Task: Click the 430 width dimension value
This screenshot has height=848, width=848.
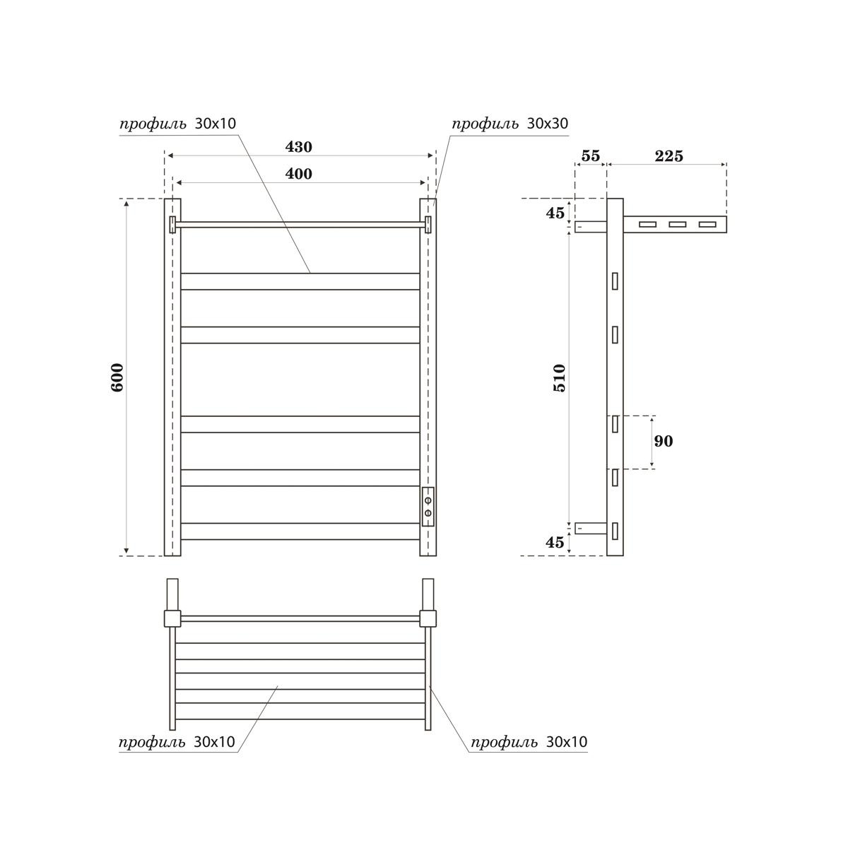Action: point(298,147)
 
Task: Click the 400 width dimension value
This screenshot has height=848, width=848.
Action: point(298,174)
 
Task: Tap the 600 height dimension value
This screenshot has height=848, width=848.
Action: point(117,377)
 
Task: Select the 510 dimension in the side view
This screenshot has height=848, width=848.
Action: point(559,377)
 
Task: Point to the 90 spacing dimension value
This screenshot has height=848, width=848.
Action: point(663,442)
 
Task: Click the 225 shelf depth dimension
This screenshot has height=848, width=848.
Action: point(669,156)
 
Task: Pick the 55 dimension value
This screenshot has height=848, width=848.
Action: point(590,156)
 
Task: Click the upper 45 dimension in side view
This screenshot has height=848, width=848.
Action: point(555,212)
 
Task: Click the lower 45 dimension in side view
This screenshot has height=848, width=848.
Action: point(555,542)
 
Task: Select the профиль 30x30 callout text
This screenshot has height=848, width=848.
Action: point(510,124)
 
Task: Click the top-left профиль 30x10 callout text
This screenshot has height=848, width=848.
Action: point(177,124)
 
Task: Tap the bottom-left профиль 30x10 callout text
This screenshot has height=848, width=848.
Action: point(177,742)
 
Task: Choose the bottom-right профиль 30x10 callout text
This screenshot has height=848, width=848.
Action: point(529,742)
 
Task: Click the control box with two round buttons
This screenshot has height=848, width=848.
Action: point(428,507)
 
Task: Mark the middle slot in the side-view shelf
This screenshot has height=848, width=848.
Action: point(677,225)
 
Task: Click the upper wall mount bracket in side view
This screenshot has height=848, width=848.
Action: point(590,227)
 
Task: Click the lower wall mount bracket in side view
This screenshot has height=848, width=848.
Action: point(591,528)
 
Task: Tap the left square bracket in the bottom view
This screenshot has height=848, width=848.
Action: point(172,618)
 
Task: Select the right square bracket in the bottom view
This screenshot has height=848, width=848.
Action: point(428,618)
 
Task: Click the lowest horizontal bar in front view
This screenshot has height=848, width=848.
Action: point(300,531)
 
